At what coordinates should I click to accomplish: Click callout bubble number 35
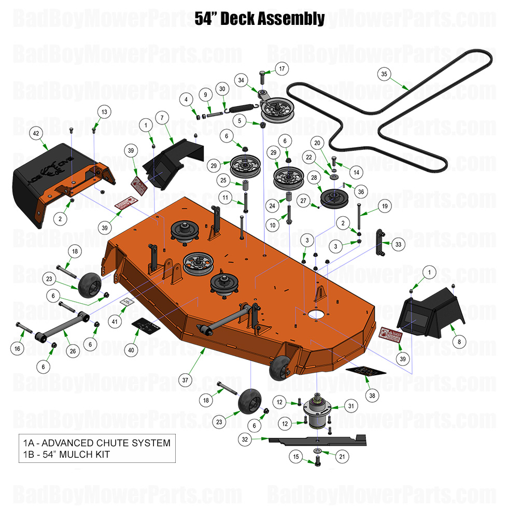pyautogui.click(x=384, y=74)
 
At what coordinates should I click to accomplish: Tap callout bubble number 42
pyautogui.click(x=36, y=133)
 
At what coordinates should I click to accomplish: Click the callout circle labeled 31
pyautogui.click(x=351, y=406)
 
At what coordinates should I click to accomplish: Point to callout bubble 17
pyautogui.click(x=281, y=68)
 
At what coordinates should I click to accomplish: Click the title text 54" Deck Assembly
pyautogui.click(x=260, y=19)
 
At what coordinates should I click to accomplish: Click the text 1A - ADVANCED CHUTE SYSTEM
pyautogui.click(x=96, y=443)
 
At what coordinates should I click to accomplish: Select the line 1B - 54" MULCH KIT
pyautogui.click(x=66, y=455)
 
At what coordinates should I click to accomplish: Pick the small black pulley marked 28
pyautogui.click(x=333, y=198)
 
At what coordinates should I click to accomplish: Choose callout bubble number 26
pyautogui.click(x=73, y=351)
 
